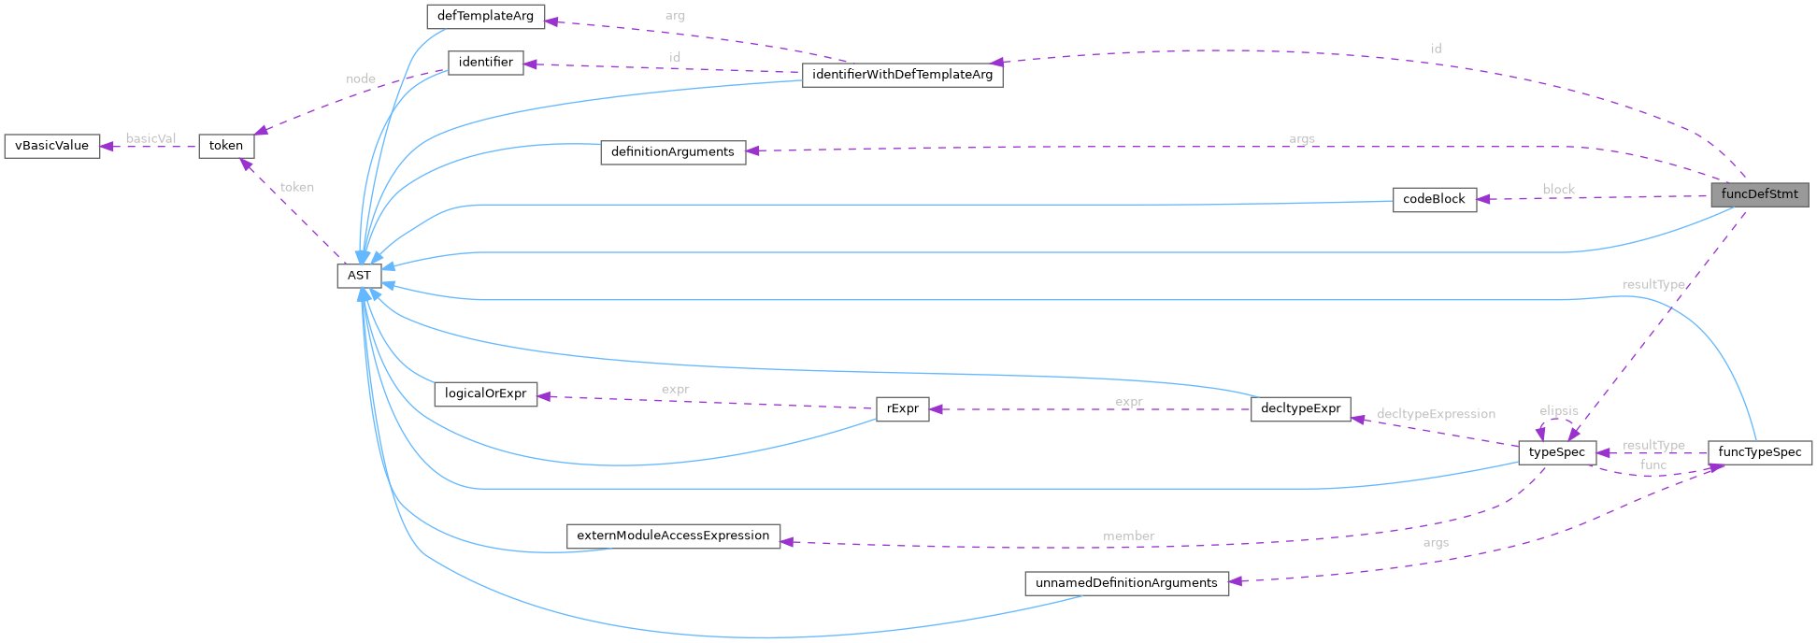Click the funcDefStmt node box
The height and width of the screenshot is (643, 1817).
(x=1759, y=194)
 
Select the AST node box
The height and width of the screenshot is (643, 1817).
(x=359, y=276)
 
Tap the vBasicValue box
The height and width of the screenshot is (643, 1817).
(x=52, y=146)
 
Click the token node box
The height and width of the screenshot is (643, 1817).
(x=226, y=146)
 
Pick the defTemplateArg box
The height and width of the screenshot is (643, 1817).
(x=485, y=17)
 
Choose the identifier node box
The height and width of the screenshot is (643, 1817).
(x=485, y=63)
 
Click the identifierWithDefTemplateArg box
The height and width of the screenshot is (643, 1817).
(x=902, y=75)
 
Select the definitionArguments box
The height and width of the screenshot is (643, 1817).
(x=672, y=152)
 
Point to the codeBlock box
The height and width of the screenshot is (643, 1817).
(x=1434, y=199)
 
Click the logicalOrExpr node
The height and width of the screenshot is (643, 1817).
(x=485, y=393)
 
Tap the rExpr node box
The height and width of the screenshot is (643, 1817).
(x=902, y=408)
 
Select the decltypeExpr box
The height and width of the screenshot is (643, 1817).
(x=1300, y=408)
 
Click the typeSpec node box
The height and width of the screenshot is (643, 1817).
(x=1556, y=452)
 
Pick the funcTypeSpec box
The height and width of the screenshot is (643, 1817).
(x=1759, y=452)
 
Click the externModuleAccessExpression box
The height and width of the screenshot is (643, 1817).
(x=672, y=536)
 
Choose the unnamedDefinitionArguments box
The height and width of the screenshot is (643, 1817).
(x=1126, y=583)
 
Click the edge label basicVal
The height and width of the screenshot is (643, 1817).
(x=150, y=138)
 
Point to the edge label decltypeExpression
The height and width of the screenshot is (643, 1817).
(x=1436, y=414)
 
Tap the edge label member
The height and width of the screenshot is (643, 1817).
(x=1128, y=536)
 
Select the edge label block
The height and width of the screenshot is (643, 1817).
(x=1558, y=189)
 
